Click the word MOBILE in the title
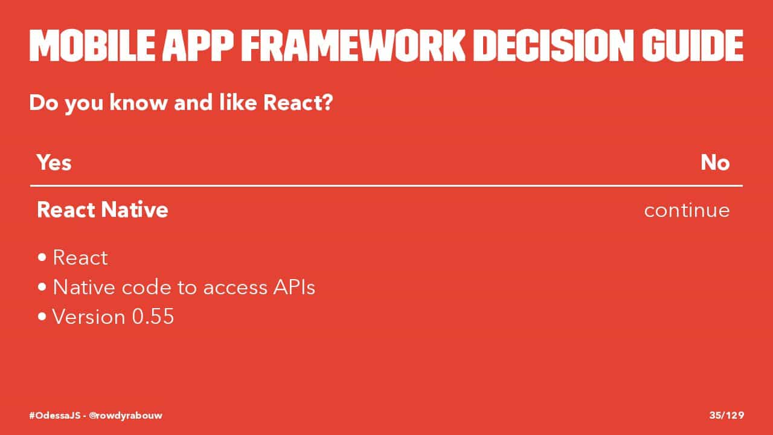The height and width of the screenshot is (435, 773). tap(92, 45)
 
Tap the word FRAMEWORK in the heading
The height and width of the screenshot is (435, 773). tap(353, 45)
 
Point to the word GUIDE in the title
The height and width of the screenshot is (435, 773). tap(693, 45)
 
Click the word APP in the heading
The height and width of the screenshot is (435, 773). tap(198, 45)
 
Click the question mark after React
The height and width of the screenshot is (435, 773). tap(327, 102)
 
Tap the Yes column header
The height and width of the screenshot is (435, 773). tap(54, 163)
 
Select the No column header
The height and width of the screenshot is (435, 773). tap(715, 163)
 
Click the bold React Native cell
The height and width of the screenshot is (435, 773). tap(103, 210)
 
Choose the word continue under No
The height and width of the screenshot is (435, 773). tap(687, 210)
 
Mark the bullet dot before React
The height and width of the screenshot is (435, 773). tap(42, 257)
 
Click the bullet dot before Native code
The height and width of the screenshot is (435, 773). tap(42, 287)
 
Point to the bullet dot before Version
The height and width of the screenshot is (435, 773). tap(42, 317)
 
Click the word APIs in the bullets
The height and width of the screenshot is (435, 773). tap(294, 287)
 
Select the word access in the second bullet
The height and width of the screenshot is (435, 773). tap(236, 288)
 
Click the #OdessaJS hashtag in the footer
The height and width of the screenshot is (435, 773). tap(54, 415)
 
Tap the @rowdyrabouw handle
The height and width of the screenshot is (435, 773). tap(126, 415)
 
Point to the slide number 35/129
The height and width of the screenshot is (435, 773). tap(726, 415)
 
